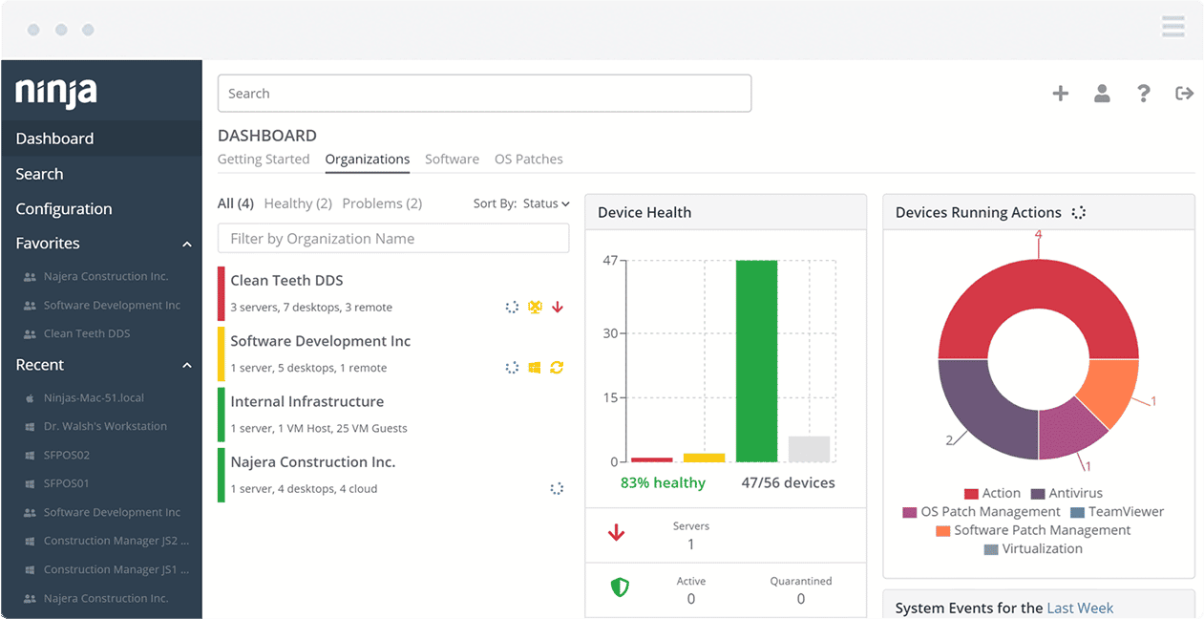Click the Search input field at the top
[x=484, y=94]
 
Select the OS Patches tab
[x=528, y=160]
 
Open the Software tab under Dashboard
[x=452, y=160]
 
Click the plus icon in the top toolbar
[x=1060, y=94]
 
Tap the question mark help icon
[x=1143, y=94]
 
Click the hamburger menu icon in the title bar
[x=1172, y=27]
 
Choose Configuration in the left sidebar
[x=64, y=209]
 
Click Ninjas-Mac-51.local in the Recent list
[x=94, y=397]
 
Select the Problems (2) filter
[x=382, y=203]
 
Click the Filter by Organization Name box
[x=393, y=239]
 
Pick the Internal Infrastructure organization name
[x=306, y=402]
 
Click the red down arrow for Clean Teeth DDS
[x=558, y=308]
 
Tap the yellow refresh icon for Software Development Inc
[x=557, y=368]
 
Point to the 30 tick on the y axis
[x=610, y=333]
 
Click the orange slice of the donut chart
[x=1108, y=392]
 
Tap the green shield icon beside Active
[x=620, y=587]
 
